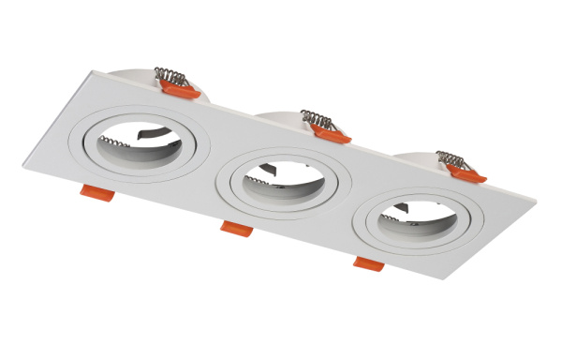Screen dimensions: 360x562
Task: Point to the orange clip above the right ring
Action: coord(466,173)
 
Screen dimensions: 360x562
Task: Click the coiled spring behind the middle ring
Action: coord(317,119)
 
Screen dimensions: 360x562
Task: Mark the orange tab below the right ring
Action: coord(368,263)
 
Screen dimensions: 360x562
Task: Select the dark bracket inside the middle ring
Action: coord(268,171)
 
